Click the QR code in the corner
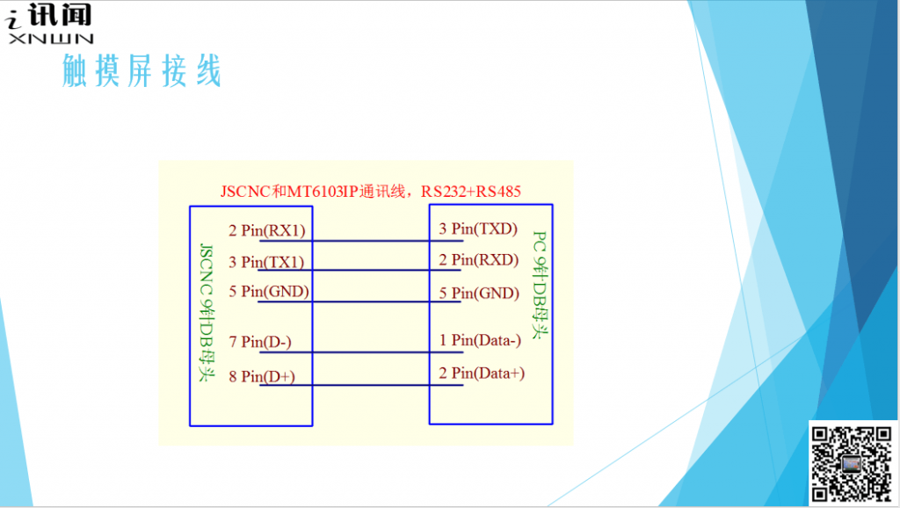point(852,464)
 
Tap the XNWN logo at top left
point(49,24)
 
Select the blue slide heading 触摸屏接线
point(142,70)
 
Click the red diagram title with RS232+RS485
point(371,191)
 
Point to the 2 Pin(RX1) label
point(267,230)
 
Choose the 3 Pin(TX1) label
point(266,262)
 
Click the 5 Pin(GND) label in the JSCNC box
point(269,292)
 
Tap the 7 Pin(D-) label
point(260,342)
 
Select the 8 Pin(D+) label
point(262,376)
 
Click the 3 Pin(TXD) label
point(478,229)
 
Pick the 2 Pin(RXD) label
point(479,259)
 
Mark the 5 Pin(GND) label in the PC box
point(479,293)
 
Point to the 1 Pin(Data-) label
point(480,340)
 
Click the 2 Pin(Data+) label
point(482,374)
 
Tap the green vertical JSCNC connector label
point(206,313)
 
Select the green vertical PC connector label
point(540,286)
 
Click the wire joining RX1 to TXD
point(361,241)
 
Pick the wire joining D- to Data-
point(361,352)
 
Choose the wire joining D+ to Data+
point(361,385)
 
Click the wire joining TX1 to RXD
point(359,270)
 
